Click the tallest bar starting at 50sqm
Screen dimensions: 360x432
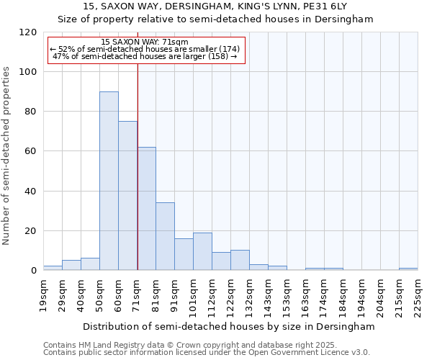109,181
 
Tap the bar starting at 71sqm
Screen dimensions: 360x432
146,208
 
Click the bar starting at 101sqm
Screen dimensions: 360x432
202,251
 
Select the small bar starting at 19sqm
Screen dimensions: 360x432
53,268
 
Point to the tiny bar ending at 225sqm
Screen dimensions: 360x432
408,269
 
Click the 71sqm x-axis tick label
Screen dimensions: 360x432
137,293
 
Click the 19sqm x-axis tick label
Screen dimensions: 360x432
43,293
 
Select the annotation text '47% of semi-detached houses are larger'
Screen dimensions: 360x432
145,56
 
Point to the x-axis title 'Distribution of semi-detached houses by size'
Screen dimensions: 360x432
229,326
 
